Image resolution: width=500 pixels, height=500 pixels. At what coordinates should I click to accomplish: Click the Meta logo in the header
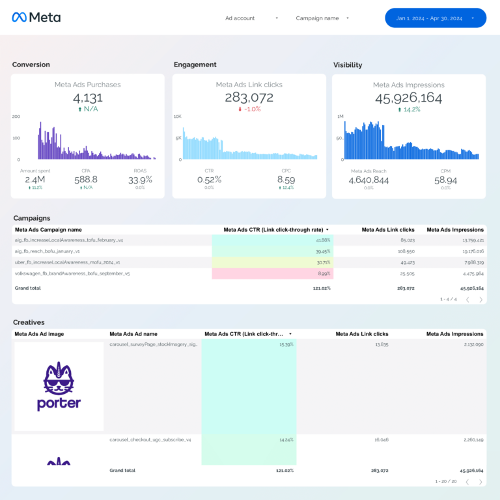[36, 18]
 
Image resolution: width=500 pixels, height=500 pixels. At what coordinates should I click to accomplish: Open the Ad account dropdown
[251, 18]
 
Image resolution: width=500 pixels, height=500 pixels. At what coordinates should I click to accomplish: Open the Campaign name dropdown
[322, 18]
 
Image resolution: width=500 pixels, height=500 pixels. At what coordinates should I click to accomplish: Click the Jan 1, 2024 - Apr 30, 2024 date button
[435, 18]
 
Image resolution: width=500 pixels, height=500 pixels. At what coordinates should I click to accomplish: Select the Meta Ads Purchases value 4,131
[87, 98]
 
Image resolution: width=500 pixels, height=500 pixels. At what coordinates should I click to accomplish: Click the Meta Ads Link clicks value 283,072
[249, 98]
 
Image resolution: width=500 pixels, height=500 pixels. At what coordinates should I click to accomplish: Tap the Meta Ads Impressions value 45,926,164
[408, 98]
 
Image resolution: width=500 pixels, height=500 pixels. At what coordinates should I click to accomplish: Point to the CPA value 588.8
[86, 179]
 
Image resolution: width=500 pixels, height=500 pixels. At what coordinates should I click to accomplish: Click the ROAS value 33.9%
[140, 179]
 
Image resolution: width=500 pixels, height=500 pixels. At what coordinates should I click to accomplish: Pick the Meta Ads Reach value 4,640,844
[368, 180]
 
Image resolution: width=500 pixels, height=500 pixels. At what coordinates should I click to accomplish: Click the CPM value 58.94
[445, 180]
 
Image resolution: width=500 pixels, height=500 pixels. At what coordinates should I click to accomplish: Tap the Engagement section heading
[195, 64]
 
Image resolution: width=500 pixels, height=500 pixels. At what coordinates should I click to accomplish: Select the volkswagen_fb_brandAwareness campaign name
[72, 273]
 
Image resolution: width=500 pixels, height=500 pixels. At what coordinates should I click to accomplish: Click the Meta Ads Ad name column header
[133, 334]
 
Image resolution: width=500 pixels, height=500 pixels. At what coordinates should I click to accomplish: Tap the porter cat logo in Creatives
[59, 386]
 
